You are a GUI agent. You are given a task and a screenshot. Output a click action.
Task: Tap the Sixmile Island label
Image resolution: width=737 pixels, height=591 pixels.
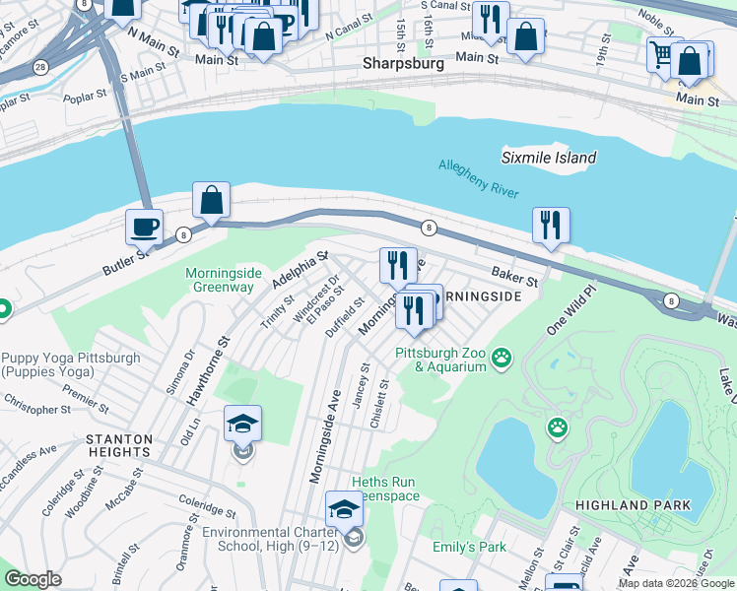(x=549, y=158)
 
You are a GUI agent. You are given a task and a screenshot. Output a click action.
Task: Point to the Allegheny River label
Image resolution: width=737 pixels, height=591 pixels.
(x=479, y=179)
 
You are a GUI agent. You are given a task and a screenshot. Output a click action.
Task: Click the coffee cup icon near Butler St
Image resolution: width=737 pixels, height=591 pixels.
(x=145, y=227)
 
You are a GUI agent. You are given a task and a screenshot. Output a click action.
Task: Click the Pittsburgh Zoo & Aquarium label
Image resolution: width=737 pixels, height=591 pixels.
(x=441, y=360)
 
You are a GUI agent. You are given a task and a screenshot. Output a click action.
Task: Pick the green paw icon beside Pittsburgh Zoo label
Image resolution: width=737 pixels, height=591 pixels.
(x=502, y=357)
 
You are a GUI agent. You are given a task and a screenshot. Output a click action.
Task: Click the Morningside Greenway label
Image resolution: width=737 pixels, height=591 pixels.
(x=220, y=280)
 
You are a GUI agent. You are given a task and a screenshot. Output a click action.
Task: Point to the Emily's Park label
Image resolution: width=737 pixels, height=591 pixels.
(x=468, y=547)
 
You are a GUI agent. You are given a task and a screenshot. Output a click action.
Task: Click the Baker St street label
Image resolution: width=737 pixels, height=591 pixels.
(x=515, y=278)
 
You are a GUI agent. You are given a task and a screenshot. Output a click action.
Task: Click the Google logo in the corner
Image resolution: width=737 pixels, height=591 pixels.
(x=33, y=579)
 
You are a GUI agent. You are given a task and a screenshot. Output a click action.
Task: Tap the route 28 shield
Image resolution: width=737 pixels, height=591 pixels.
(x=39, y=67)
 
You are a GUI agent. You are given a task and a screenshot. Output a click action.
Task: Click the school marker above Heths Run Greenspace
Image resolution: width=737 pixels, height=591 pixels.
(x=344, y=508)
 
